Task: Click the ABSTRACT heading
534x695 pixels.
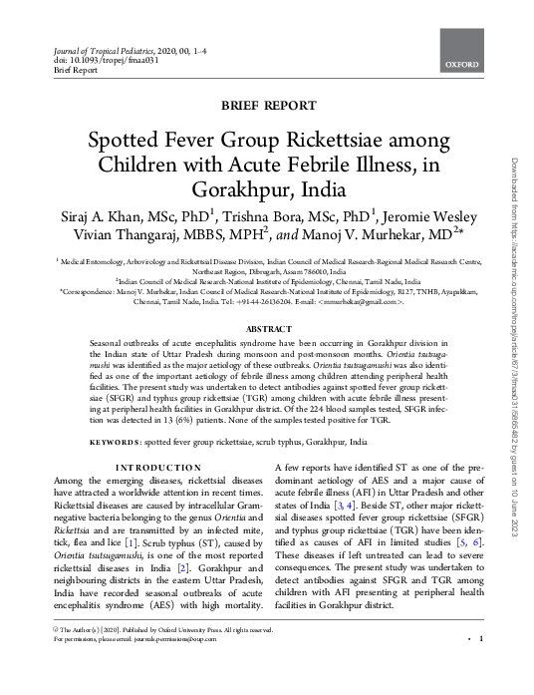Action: (267, 328)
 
